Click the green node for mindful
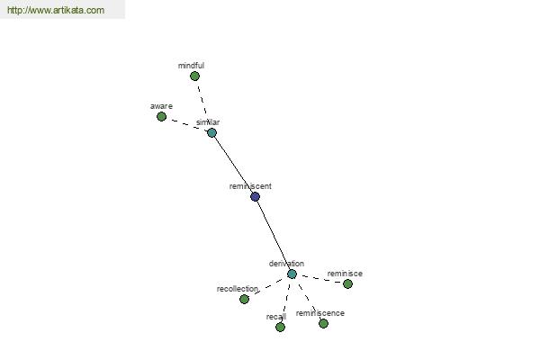pyautogui.click(x=194, y=76)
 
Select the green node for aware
pyautogui.click(x=161, y=117)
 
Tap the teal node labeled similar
pyautogui.click(x=211, y=132)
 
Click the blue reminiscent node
pyautogui.click(x=255, y=197)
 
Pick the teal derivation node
pyautogui.click(x=292, y=274)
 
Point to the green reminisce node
pyautogui.click(x=347, y=283)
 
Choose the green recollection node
pyautogui.click(x=244, y=299)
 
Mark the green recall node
pyautogui.click(x=280, y=327)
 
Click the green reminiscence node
pyautogui.click(x=323, y=323)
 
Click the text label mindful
pyautogui.click(x=191, y=66)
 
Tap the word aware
pyautogui.click(x=161, y=106)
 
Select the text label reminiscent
pyautogui.click(x=250, y=186)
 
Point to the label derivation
pyautogui.click(x=286, y=264)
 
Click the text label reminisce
pyautogui.click(x=345, y=274)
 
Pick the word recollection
pyautogui.click(x=238, y=289)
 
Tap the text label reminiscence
pyautogui.click(x=319, y=313)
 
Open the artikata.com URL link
pyautogui.click(x=56, y=10)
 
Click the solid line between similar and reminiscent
pyautogui.click(x=233, y=165)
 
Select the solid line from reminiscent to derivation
pyautogui.click(x=274, y=235)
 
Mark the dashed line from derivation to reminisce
pyautogui.click(x=319, y=279)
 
